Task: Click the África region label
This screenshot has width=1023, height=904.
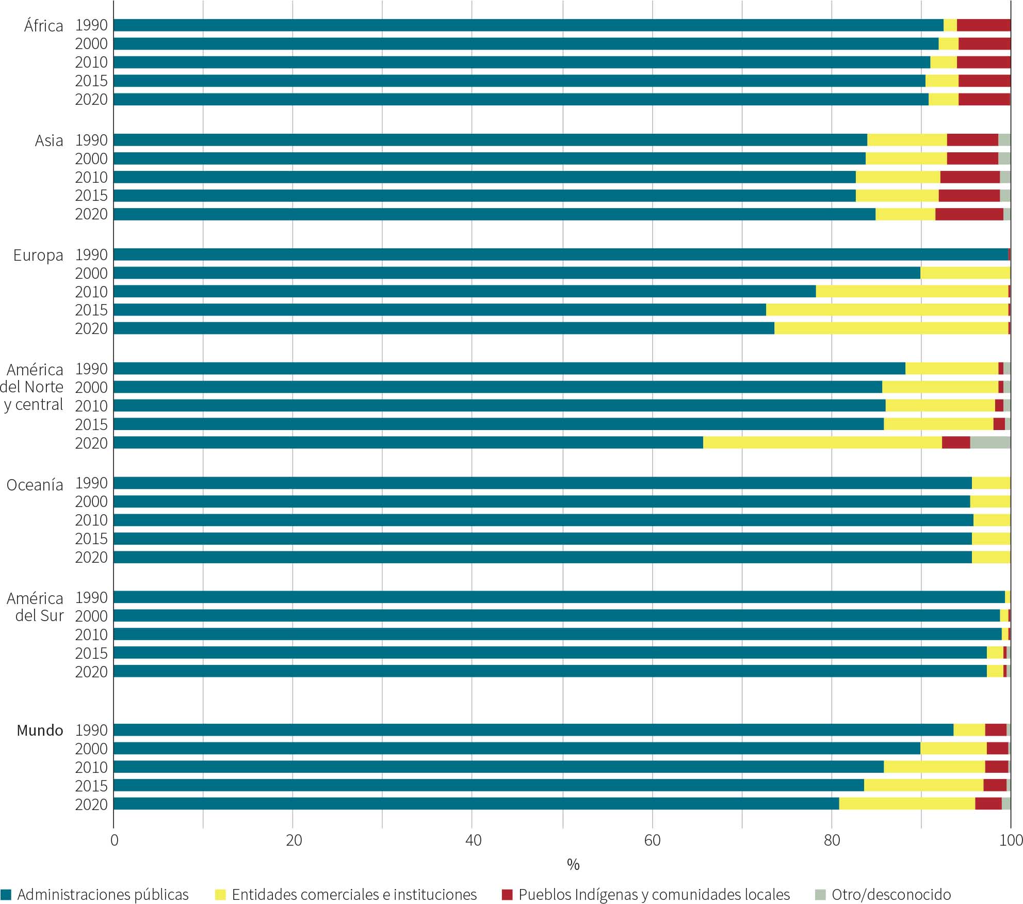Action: click(x=43, y=26)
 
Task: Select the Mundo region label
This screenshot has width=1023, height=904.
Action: click(x=40, y=731)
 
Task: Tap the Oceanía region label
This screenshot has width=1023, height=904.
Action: click(x=35, y=485)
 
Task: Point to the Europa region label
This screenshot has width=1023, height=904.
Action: click(x=38, y=255)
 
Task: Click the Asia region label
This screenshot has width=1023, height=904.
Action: click(x=49, y=140)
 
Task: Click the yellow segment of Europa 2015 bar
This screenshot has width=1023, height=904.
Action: click(x=887, y=310)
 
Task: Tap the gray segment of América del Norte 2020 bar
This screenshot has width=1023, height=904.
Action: click(x=990, y=442)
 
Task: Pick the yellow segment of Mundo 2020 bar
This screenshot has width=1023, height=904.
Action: click(x=907, y=804)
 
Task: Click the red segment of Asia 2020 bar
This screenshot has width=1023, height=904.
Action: click(x=969, y=214)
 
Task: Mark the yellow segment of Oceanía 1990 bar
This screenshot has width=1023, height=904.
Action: click(x=991, y=483)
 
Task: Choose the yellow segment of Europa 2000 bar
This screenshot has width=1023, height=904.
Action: click(x=965, y=273)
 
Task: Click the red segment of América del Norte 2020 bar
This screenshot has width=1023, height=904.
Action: click(x=956, y=442)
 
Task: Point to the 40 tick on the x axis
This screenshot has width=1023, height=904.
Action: click(x=473, y=840)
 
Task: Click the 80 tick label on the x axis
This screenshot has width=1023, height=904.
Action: click(x=832, y=840)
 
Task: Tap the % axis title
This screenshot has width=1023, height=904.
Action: click(x=573, y=864)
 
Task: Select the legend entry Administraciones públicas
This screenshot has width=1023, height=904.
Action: click(x=103, y=895)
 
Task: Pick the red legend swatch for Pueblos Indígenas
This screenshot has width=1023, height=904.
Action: click(x=508, y=895)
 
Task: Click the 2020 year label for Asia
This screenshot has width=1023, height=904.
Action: click(x=91, y=214)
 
